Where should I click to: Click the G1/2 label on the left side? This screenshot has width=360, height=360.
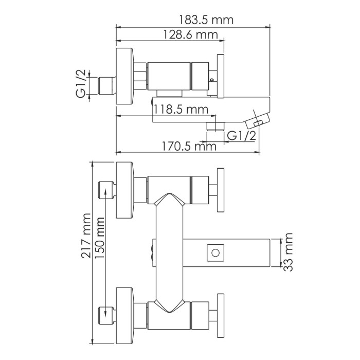coord(81,85)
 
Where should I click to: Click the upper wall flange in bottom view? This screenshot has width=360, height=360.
coord(125,189)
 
